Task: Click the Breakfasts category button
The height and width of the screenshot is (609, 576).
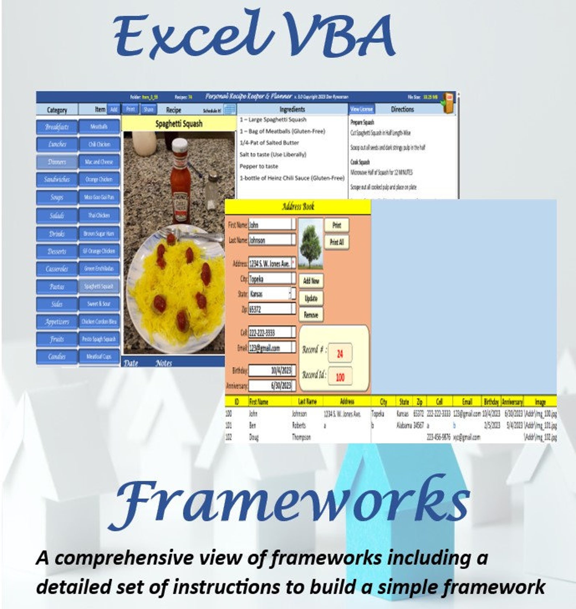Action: coord(57,127)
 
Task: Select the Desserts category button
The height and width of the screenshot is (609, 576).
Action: coord(57,251)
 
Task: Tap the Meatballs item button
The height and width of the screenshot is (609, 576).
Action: coord(99,127)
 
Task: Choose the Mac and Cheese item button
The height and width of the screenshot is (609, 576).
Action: coord(99,162)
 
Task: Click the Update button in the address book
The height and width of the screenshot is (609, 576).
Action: coord(311,298)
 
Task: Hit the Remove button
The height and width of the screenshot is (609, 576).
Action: coord(311,315)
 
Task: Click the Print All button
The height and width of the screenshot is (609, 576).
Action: coord(337,242)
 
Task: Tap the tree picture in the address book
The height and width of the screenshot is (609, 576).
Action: coord(310,243)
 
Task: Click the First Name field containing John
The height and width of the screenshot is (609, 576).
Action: coord(270,225)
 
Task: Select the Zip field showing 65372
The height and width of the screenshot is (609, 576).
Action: coord(270,309)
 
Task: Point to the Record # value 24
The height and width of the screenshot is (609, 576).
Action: coord(340,353)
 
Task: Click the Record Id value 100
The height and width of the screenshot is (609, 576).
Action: coord(340,377)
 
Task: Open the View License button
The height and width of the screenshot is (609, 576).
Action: coord(361,109)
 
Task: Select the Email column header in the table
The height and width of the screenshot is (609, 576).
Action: coord(467,401)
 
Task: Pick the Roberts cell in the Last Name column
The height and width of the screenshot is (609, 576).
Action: coord(299,425)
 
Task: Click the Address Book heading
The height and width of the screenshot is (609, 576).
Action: coord(298,207)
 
